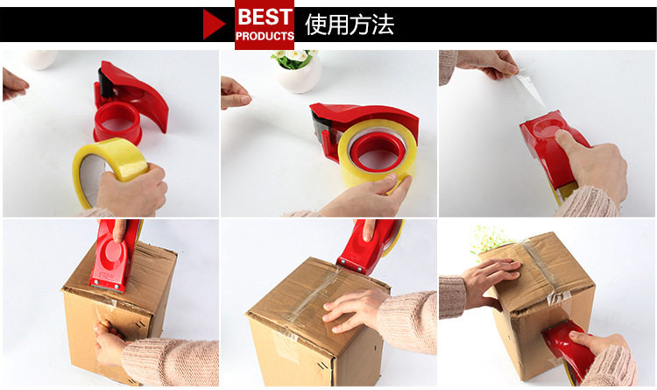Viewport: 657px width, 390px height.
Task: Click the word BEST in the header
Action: click(x=265, y=17)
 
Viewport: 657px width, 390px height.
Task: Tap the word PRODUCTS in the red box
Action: click(x=265, y=36)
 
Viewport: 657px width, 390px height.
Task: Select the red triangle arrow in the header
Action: click(x=214, y=25)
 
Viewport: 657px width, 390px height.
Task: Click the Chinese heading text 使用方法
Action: click(x=350, y=25)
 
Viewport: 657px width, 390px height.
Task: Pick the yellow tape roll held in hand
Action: click(x=109, y=167)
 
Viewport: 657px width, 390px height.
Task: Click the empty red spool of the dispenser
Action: click(x=117, y=122)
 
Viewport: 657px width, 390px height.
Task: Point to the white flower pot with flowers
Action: click(x=298, y=70)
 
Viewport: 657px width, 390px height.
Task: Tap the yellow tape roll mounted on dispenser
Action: click(x=378, y=153)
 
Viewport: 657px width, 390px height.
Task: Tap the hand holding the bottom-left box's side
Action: click(x=109, y=342)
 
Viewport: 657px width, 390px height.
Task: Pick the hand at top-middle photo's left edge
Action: click(x=235, y=93)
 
